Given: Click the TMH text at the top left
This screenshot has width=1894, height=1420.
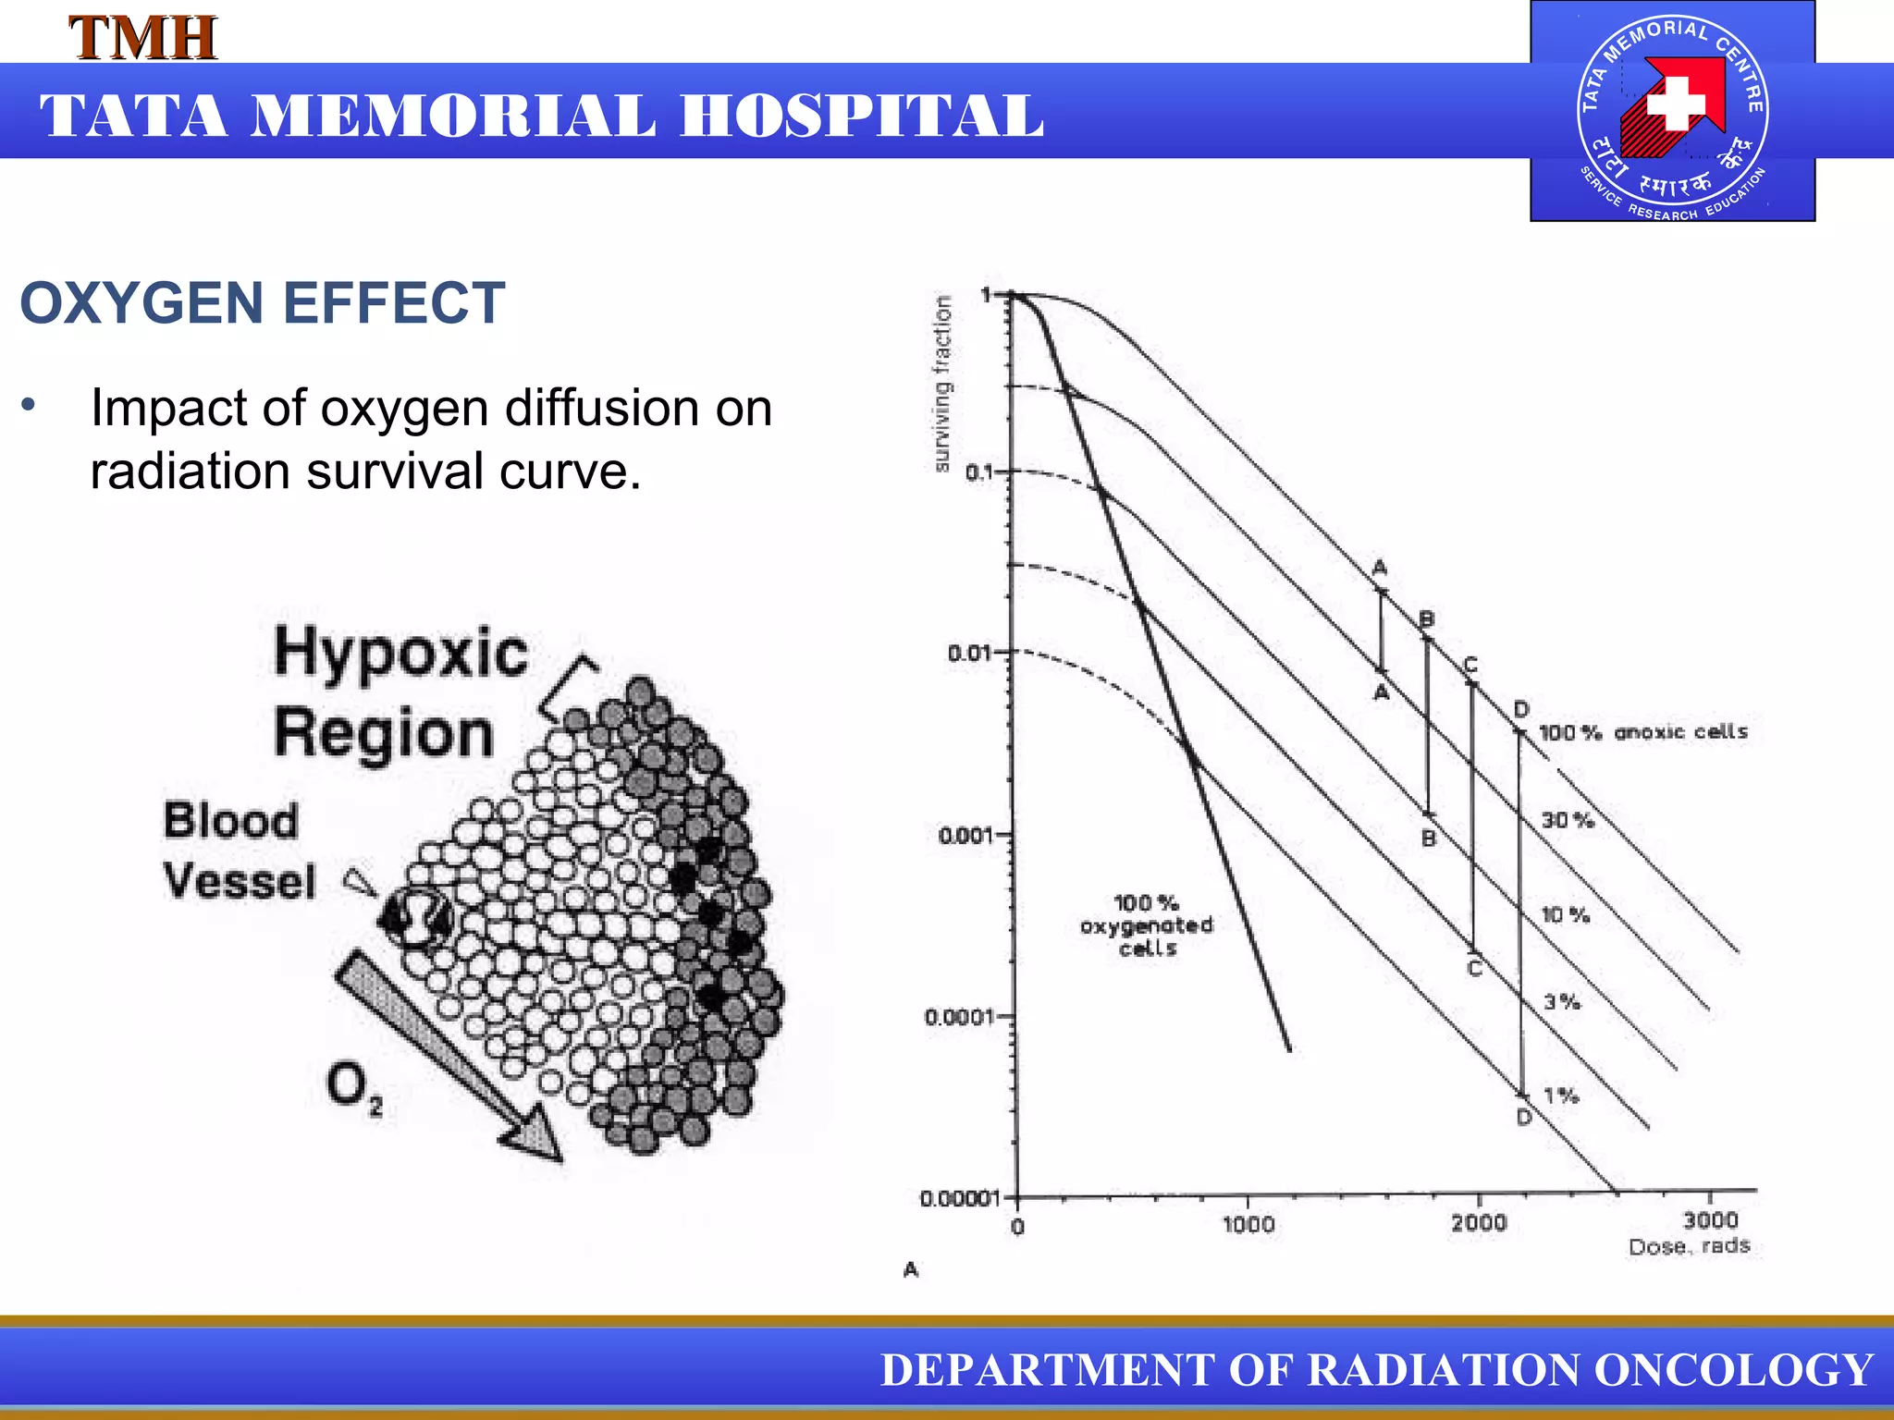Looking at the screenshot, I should pos(143,39).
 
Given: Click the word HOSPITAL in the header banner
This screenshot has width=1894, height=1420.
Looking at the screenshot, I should pos(862,116).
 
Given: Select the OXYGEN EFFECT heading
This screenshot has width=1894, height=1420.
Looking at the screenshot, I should pos(263,303).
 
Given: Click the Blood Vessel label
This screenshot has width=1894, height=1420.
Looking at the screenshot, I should pos(238,851).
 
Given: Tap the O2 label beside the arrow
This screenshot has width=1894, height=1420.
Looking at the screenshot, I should pos(353,1086).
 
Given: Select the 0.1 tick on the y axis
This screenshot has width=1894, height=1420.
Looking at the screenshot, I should pos(978,472).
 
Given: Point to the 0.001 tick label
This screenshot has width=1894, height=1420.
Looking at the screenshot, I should pos(965,836).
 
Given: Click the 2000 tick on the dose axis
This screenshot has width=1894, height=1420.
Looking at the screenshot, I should pos(1478,1223).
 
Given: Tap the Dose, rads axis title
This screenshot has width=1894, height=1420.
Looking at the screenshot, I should pos(1689,1246).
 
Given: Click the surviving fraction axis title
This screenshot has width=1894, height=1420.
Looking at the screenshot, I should pos(941,384).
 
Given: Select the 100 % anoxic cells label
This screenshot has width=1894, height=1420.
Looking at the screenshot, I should pos(1642,732).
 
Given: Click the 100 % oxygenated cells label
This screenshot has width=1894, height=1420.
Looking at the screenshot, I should pos(1146,924).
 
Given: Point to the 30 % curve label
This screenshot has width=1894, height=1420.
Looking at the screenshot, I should pos(1567,820).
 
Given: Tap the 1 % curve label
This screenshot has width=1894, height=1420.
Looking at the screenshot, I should pos(1561,1096).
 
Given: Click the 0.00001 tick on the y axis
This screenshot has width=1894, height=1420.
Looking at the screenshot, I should pos(960,1198).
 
